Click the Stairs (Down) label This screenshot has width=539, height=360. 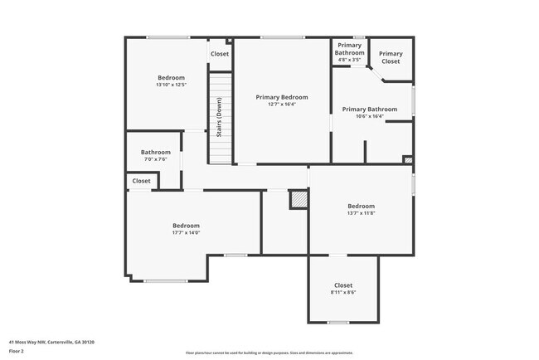219,118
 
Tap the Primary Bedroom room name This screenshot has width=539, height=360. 281,97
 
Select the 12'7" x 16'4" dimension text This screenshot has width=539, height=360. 281,105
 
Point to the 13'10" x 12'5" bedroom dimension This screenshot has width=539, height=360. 171,85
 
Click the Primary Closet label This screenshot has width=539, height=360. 391,57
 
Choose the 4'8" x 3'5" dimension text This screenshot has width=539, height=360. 349,60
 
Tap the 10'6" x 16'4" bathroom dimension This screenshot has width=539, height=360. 369,116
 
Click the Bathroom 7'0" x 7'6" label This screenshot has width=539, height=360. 155,152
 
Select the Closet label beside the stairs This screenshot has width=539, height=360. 220,54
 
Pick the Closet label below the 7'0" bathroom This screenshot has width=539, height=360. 142,181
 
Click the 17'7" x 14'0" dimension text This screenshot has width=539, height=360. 186,233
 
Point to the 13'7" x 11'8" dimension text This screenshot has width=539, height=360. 361,213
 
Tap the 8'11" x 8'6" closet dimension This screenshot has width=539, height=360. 343,292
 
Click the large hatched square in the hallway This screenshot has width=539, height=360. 298,199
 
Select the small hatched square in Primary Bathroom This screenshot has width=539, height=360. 407,159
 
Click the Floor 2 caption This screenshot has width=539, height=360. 17,351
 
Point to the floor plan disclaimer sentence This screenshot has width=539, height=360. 269,353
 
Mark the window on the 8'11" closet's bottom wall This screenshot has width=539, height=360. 337,322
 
